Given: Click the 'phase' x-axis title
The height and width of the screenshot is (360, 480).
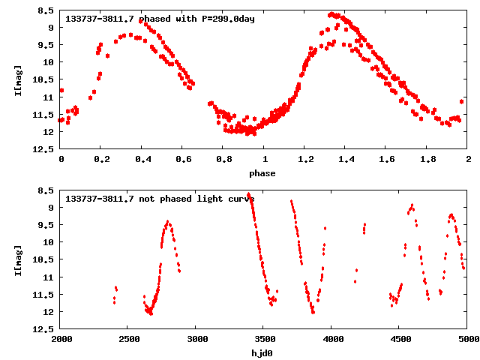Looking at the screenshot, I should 263,173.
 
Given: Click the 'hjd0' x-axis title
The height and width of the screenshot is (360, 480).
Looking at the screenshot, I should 263,353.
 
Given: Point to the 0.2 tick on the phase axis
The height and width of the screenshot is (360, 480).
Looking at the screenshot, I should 101,160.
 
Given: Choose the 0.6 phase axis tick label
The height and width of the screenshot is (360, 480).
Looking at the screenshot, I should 183,160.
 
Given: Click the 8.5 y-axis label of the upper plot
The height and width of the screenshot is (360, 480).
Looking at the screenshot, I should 45,10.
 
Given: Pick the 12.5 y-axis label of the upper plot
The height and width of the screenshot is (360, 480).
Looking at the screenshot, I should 43,149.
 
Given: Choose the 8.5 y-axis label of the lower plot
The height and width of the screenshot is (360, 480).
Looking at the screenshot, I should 45,190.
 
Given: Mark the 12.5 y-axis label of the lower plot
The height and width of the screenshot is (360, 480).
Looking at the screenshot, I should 43,329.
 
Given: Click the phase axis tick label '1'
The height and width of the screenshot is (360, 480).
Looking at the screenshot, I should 265,160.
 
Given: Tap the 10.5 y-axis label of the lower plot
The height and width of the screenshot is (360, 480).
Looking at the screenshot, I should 43,259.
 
